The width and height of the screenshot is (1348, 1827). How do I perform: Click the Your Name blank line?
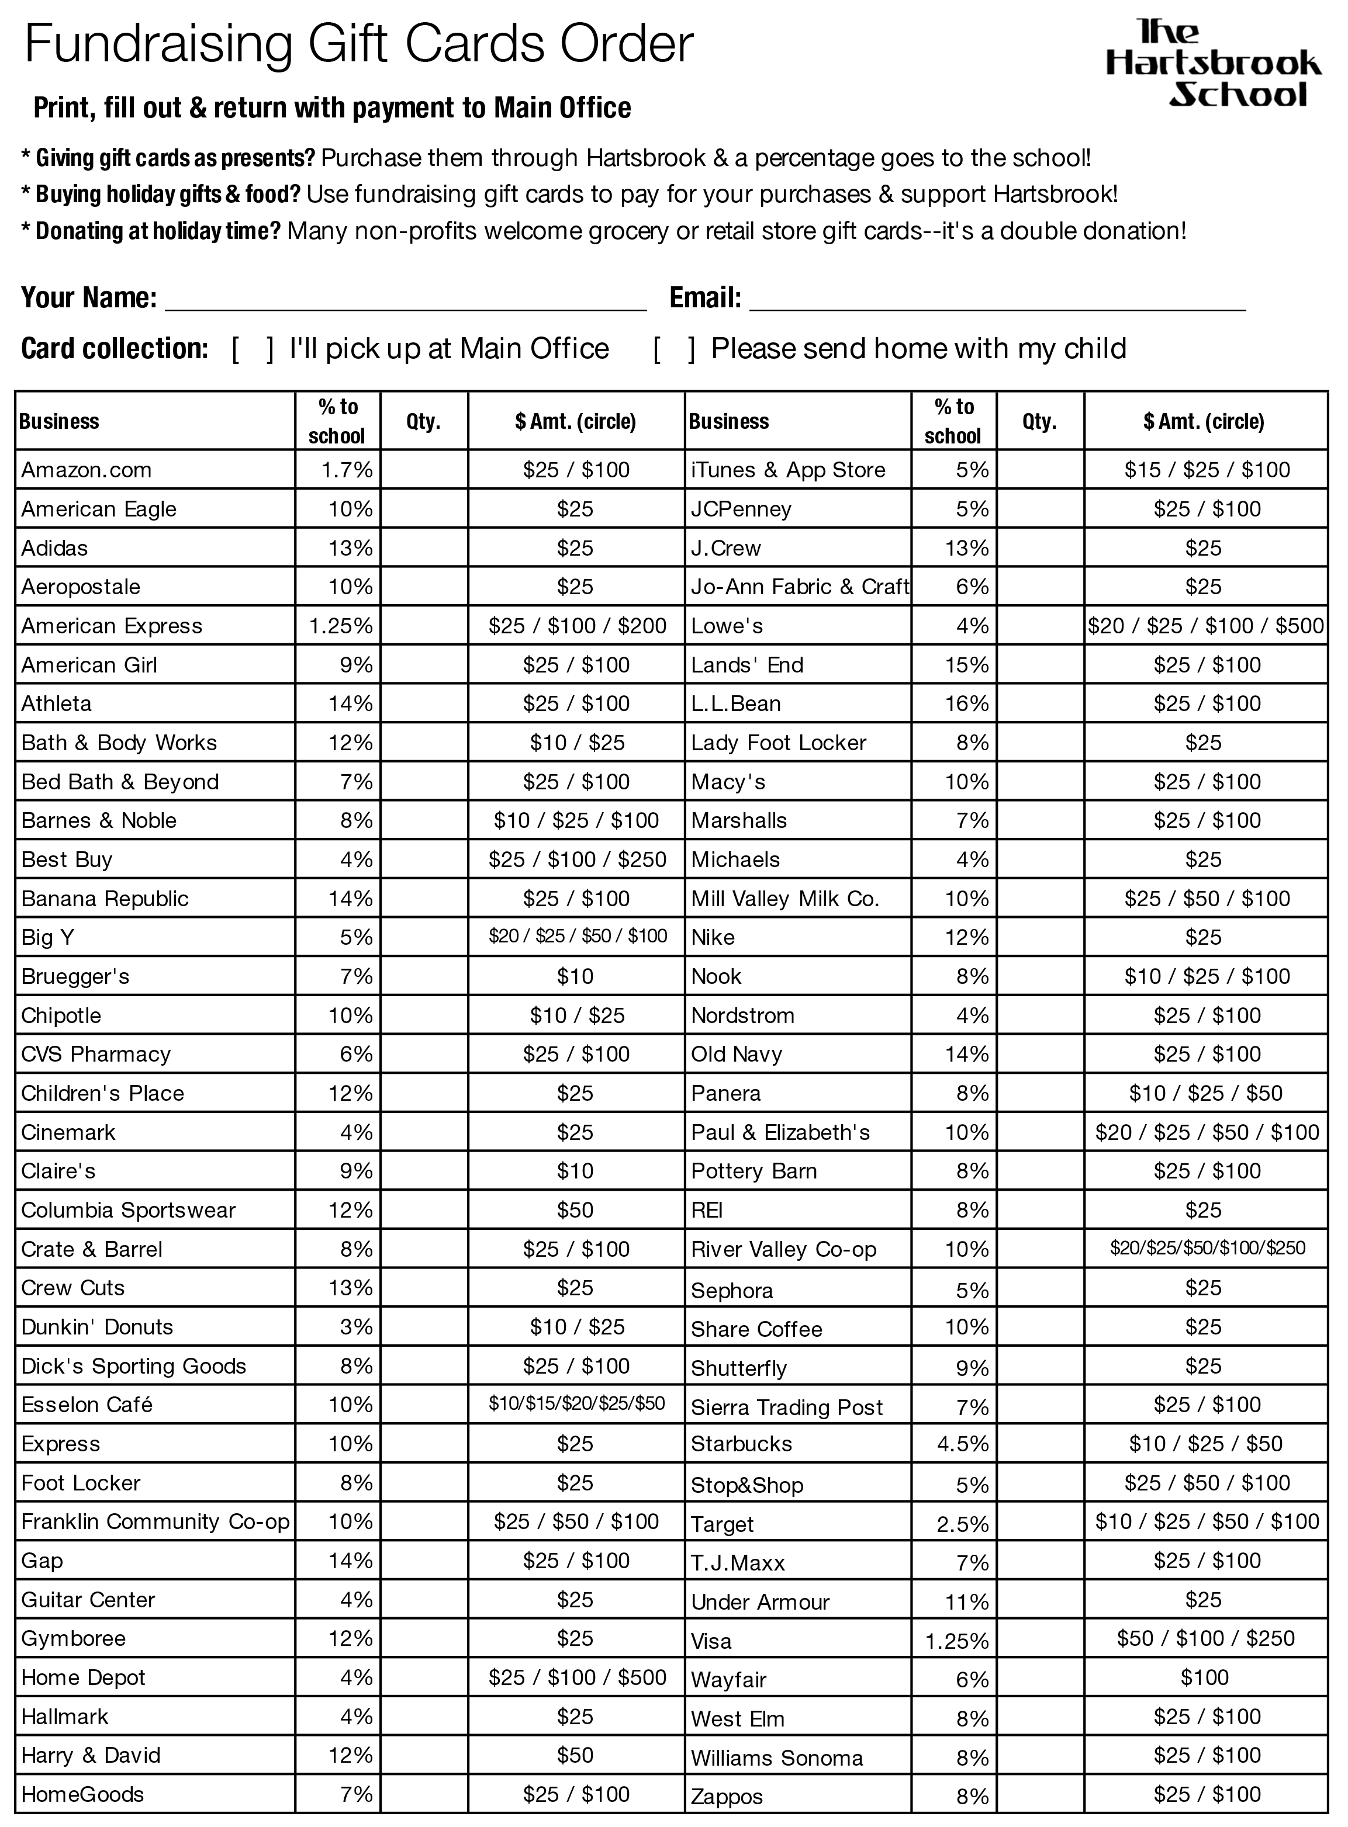pos(406,300)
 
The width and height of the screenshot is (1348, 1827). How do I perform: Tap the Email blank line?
pos(997,300)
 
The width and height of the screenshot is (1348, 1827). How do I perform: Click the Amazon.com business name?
pos(87,470)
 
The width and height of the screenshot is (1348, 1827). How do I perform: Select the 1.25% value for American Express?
pos(340,626)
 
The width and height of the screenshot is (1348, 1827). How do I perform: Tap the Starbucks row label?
pos(741,1444)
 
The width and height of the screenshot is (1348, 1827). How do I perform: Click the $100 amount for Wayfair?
pos(1204,1678)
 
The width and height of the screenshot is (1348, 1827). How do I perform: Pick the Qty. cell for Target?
pos(1039,1522)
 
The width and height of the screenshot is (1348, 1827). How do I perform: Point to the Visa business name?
pos(711,1641)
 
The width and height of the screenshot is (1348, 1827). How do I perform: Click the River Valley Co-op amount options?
pos(1207,1248)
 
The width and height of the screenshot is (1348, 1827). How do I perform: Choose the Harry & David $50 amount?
pos(575,1755)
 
